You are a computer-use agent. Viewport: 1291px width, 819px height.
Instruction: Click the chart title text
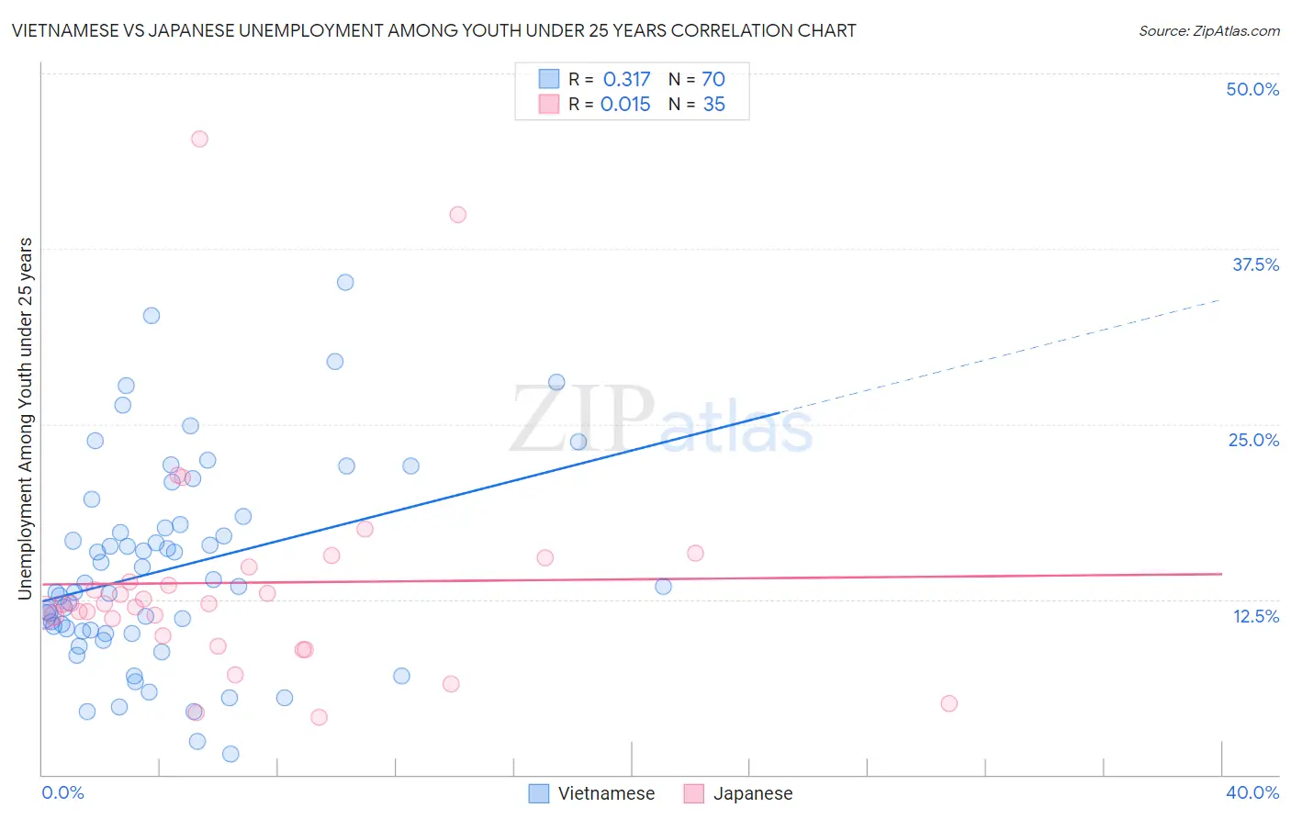[433, 30]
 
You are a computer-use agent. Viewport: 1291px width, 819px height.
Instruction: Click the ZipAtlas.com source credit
[1208, 30]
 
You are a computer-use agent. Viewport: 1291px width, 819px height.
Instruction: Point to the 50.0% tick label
[1252, 89]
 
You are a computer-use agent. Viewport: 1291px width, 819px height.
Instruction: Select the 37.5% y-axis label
[1255, 264]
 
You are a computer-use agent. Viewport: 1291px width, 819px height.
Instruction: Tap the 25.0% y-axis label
[1253, 440]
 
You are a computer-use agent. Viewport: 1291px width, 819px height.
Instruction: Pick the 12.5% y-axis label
[1255, 616]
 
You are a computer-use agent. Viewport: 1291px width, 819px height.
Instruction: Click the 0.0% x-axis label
[62, 792]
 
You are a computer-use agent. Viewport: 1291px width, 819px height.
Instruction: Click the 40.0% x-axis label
[1252, 792]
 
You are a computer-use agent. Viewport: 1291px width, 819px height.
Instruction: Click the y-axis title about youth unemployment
[25, 419]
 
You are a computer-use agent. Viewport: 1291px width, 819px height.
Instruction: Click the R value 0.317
[626, 80]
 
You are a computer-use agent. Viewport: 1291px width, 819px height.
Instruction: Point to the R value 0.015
[625, 105]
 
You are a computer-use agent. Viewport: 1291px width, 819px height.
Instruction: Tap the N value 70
[713, 80]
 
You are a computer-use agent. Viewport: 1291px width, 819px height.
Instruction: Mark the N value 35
[713, 105]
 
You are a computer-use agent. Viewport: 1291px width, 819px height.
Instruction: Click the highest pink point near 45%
[199, 139]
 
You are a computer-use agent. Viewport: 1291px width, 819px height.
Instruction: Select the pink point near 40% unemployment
[457, 215]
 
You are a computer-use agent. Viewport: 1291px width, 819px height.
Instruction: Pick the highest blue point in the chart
[345, 282]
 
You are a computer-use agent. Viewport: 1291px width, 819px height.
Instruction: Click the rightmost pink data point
[949, 703]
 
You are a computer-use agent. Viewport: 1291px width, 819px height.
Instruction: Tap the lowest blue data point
[230, 754]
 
